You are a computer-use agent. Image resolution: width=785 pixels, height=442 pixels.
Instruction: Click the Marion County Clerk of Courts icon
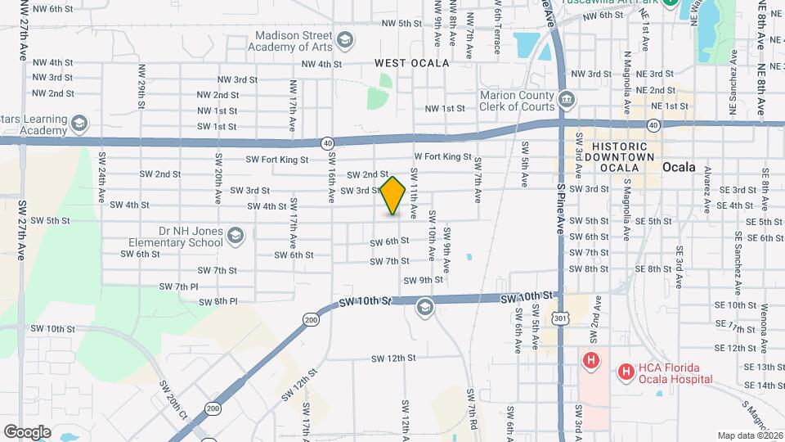(x=566, y=101)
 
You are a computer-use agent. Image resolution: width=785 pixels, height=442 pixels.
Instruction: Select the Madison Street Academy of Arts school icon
(x=345, y=39)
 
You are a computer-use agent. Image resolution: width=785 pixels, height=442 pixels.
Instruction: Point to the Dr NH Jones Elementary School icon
(x=235, y=237)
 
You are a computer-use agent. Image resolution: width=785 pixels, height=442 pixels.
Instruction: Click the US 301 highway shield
(x=558, y=318)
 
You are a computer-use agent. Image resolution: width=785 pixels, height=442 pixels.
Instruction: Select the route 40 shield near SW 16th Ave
(x=327, y=142)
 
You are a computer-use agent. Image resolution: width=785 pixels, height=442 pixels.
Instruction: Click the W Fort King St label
(x=442, y=156)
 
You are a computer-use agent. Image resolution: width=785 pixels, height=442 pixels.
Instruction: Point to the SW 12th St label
(x=393, y=359)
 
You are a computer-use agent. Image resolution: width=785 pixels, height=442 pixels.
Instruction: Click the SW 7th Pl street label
(x=181, y=286)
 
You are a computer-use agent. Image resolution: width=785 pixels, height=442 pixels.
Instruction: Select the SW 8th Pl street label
(x=219, y=301)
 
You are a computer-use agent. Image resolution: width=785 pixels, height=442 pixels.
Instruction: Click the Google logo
(x=27, y=431)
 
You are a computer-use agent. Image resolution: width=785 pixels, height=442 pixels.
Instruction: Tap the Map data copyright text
(x=750, y=435)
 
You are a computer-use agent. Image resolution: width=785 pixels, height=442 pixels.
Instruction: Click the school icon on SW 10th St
(x=424, y=307)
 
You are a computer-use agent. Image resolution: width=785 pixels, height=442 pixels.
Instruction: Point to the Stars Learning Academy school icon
(x=79, y=124)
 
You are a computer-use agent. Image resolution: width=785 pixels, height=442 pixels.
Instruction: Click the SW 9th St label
(x=425, y=280)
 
